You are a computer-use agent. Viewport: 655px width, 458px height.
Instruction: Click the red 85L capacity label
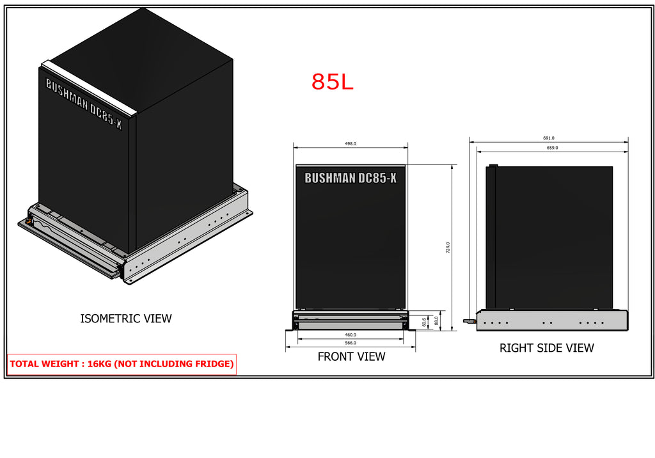(332, 81)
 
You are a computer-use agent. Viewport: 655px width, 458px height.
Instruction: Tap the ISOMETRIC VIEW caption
(126, 319)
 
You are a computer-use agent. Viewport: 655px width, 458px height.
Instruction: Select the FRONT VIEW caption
(351, 356)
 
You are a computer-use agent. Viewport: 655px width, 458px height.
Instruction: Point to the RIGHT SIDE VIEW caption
(546, 348)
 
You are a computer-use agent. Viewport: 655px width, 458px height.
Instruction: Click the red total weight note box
(122, 364)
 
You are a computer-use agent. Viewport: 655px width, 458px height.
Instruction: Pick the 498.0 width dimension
(351, 143)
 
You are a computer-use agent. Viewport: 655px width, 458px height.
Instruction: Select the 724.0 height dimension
(448, 248)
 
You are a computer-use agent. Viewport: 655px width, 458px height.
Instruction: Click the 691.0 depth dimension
(548, 138)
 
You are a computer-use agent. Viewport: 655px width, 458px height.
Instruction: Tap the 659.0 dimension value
(552, 148)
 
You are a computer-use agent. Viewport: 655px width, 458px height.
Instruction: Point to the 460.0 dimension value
(351, 335)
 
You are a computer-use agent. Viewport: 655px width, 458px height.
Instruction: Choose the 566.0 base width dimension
(351, 343)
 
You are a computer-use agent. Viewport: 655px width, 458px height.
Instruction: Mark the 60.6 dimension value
(424, 322)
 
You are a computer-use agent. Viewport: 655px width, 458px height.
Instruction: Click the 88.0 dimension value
(436, 320)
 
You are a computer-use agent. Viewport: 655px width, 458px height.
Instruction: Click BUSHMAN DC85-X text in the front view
(351, 178)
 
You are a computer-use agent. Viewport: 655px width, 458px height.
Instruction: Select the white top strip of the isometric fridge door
(89, 88)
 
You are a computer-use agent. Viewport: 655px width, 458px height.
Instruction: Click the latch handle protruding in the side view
(470, 321)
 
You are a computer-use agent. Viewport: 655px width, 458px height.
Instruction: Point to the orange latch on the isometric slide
(28, 221)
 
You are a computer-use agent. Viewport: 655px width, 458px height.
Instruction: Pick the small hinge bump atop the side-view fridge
(493, 166)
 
